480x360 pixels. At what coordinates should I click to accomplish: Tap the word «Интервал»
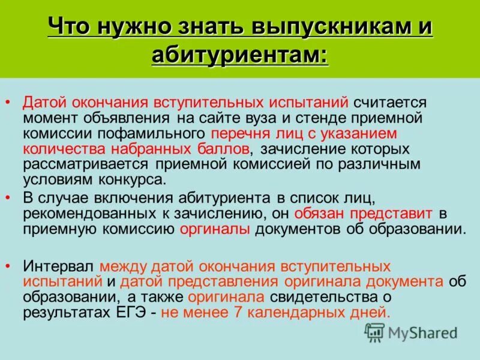(x=59, y=265)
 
